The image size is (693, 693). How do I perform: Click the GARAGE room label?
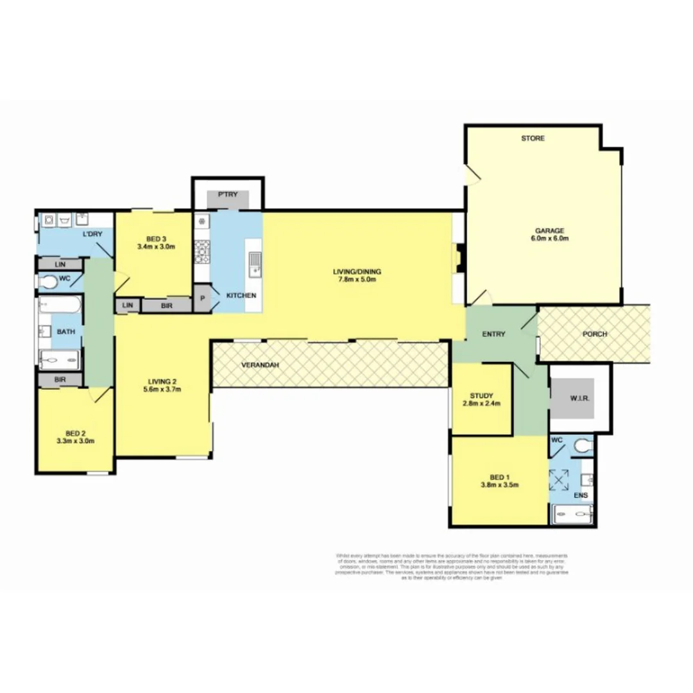tap(550, 230)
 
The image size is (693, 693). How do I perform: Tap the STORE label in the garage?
tap(533, 138)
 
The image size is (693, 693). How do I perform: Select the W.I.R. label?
tap(579, 398)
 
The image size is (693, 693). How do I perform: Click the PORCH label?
tap(595, 334)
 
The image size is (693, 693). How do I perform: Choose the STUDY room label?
tap(481, 396)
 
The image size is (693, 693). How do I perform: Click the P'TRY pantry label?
tap(228, 194)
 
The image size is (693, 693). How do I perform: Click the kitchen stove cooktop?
tap(202, 252)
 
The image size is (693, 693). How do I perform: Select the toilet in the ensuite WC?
tap(582, 445)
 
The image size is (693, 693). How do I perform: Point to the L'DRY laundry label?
tap(92, 234)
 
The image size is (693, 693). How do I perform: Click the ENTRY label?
tap(493, 334)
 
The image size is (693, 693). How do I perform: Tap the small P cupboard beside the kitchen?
tap(202, 298)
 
